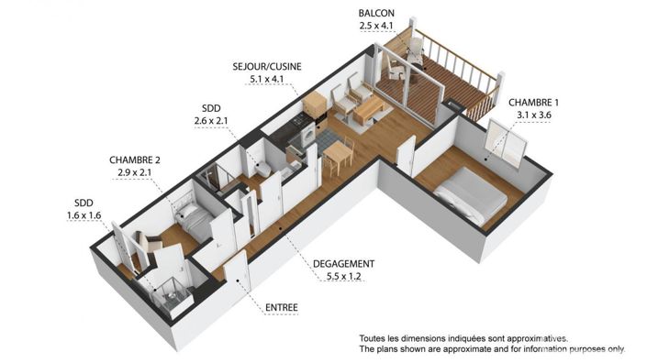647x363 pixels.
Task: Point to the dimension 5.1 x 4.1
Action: (x=267, y=80)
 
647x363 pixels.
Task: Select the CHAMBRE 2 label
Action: (x=135, y=159)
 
